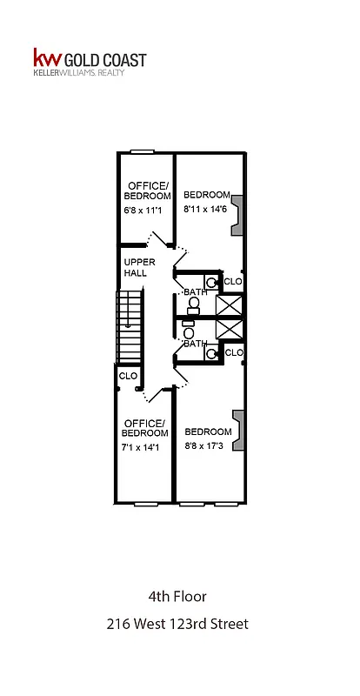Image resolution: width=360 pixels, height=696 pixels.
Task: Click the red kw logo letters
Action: (x=44, y=59)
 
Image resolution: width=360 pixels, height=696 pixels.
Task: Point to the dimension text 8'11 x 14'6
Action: (x=207, y=210)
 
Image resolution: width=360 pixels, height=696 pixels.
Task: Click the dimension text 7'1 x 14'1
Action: (x=144, y=446)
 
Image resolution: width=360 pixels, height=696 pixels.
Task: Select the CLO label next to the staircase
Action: (x=129, y=376)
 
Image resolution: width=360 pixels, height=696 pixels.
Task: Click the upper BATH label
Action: (x=195, y=292)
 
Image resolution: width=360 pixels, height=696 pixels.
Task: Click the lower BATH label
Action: (x=195, y=344)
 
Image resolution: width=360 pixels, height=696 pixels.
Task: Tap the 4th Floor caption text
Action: (x=177, y=597)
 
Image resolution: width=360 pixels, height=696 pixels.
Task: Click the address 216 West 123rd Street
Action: (x=177, y=624)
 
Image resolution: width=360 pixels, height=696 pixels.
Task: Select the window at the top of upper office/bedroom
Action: (x=142, y=152)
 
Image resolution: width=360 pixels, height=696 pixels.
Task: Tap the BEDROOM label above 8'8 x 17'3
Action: (x=208, y=432)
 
